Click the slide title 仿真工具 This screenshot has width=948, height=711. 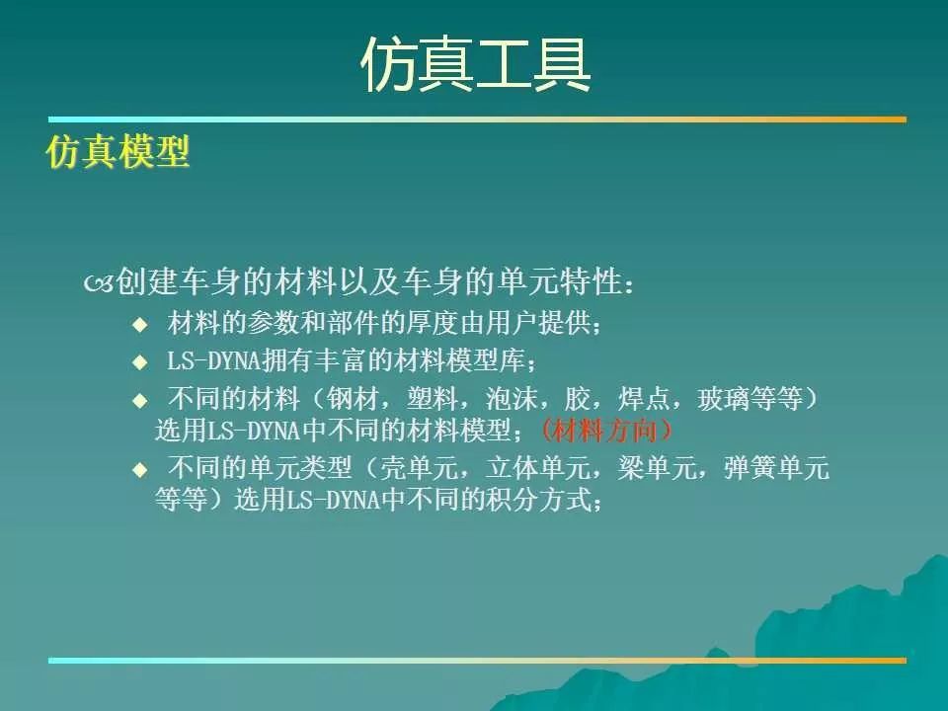(x=475, y=64)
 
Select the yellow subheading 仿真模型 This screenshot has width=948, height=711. (x=118, y=151)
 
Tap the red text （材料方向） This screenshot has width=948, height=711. (x=605, y=432)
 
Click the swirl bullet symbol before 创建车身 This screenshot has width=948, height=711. (x=99, y=282)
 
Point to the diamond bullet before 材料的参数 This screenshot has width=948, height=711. (x=139, y=325)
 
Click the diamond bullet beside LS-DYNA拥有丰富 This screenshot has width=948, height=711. (x=139, y=362)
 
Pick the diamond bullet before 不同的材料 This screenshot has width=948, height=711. (x=139, y=400)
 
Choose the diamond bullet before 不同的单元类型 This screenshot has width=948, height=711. (x=139, y=469)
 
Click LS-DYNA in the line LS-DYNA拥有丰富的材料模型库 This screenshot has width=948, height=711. (x=213, y=361)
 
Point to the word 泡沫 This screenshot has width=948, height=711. (x=512, y=399)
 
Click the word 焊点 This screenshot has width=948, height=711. (x=644, y=399)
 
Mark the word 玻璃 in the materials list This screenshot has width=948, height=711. (x=724, y=399)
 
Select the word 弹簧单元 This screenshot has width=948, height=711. (x=776, y=468)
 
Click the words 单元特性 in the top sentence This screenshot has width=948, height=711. (x=560, y=281)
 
